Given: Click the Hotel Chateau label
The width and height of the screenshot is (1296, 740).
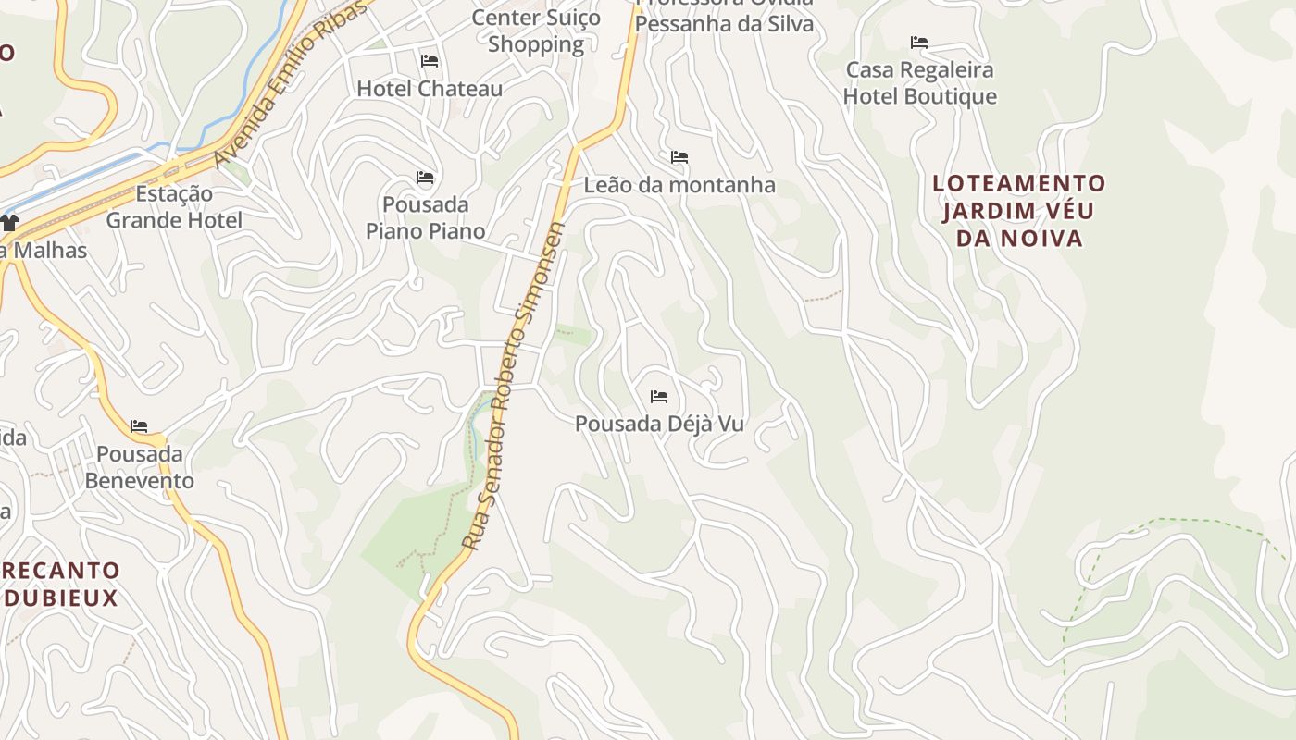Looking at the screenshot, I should click(x=430, y=89).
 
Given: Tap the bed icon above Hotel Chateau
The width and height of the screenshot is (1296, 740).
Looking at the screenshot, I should click(x=430, y=61).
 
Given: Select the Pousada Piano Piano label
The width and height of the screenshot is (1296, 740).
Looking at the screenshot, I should click(x=425, y=217).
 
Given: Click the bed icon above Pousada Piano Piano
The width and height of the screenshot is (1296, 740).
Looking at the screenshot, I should click(x=425, y=177).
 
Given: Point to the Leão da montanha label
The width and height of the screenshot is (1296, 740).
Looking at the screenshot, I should click(x=679, y=185).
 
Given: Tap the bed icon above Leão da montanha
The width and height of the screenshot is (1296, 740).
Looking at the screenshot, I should click(x=679, y=157).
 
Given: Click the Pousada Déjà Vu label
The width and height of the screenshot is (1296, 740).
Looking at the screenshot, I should click(x=659, y=424).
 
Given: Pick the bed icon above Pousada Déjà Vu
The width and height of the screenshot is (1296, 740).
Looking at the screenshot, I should click(x=659, y=397).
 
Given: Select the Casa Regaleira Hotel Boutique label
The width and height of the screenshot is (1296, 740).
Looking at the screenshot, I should click(x=920, y=83).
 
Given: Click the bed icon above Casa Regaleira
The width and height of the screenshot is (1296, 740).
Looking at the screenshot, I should click(x=919, y=43).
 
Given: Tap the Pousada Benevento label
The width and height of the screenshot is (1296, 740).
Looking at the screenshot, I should click(x=140, y=467).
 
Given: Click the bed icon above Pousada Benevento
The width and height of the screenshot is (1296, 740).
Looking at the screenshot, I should click(x=139, y=426).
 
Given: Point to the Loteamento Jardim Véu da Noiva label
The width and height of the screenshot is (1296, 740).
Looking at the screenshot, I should click(x=1018, y=211).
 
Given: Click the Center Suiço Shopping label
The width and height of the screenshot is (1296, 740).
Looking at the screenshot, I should click(x=536, y=31).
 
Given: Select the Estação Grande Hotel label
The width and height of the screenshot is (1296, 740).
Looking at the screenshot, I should click(x=174, y=207).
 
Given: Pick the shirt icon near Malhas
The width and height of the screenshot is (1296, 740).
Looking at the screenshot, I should click(x=9, y=222).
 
